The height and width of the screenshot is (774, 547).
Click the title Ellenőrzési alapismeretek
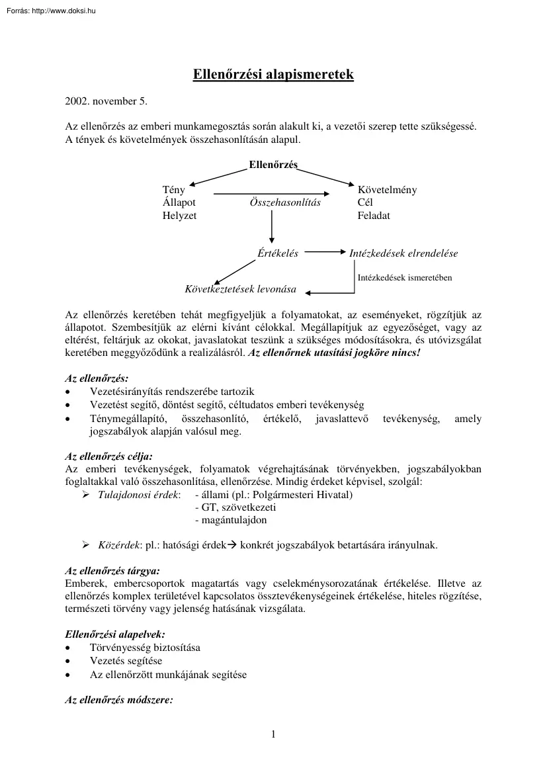tap(273, 75)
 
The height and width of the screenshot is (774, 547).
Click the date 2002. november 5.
tap(106, 102)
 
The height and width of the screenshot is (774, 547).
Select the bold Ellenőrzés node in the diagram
tap(273, 164)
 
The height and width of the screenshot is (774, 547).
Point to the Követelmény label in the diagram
tap(387, 190)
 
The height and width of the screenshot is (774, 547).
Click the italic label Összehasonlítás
tap(285, 202)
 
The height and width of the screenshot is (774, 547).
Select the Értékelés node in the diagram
tap(277, 253)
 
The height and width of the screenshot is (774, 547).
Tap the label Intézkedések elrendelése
tap(403, 253)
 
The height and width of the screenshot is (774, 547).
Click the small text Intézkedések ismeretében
tap(405, 278)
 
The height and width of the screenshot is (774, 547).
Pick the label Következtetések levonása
tap(240, 289)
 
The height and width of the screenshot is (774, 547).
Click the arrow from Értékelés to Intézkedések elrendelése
tap(325, 252)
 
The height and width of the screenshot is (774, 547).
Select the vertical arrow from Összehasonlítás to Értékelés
tap(272, 228)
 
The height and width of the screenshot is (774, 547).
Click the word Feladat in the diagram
tap(374, 216)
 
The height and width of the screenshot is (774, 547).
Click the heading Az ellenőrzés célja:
tap(108, 456)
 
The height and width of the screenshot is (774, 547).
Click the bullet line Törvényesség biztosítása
tap(145, 647)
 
